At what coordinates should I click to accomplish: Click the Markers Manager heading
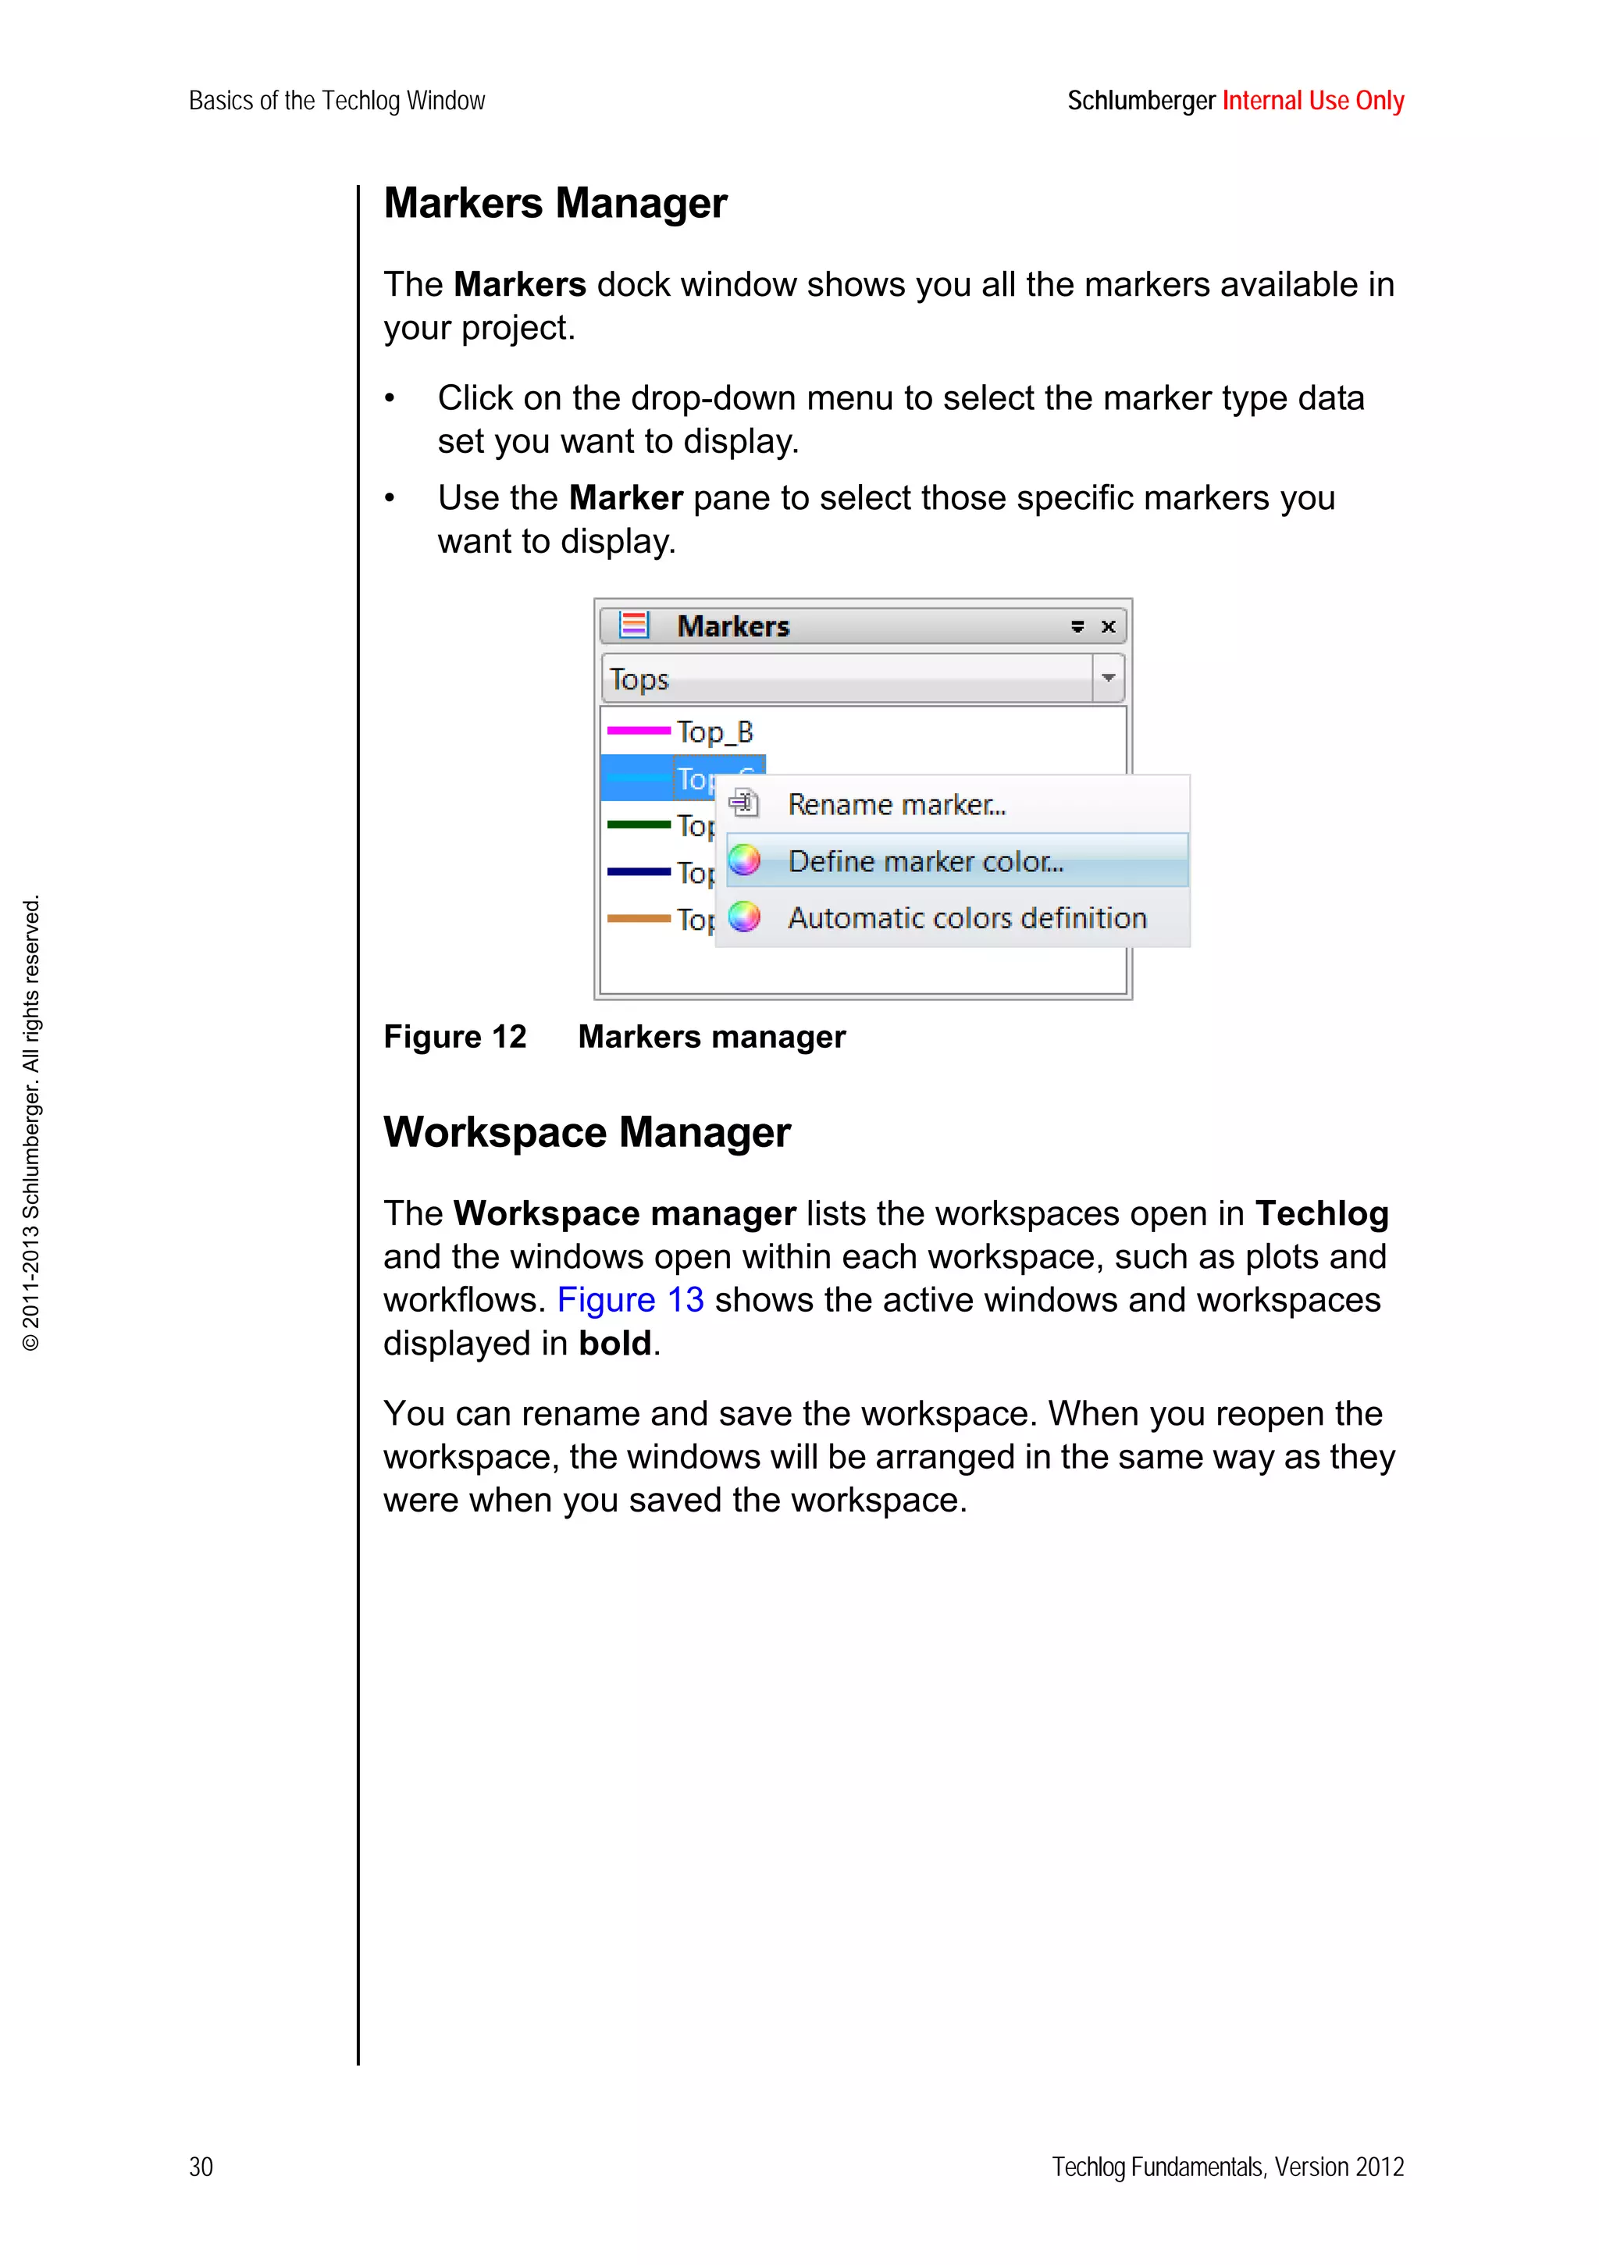pos(554,203)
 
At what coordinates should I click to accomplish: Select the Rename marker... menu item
pos(896,805)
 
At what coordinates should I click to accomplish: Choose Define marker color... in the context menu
pos(925,861)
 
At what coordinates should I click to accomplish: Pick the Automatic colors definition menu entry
pos(966,918)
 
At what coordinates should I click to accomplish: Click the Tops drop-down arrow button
pos(1108,678)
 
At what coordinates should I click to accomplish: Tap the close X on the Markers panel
pos(1108,628)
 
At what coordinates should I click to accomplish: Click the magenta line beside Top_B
pos(638,731)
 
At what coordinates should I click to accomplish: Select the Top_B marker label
pos(715,732)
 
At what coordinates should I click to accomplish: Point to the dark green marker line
pos(638,824)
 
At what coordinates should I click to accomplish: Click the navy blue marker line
pos(638,872)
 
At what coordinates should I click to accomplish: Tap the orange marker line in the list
pos(638,918)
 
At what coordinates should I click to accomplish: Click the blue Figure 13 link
pos(630,1300)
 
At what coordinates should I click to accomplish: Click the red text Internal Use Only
pos(1312,101)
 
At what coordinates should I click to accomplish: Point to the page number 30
pos(201,2167)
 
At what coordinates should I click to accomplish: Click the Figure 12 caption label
pos(454,1037)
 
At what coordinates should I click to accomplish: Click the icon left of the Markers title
pos(633,625)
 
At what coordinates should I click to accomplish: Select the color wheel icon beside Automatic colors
pos(745,917)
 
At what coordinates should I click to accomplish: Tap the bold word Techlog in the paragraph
pos(1321,1213)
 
